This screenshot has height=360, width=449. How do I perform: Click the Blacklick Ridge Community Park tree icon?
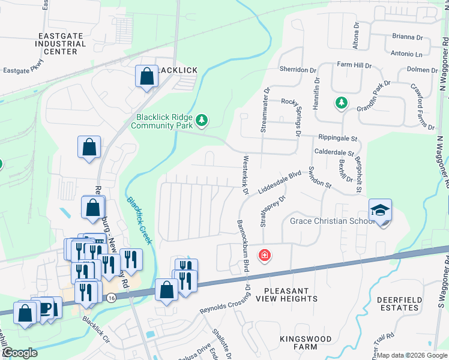point(202,121)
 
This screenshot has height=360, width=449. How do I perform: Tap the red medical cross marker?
point(264,256)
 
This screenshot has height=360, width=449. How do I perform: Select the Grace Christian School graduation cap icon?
point(380,211)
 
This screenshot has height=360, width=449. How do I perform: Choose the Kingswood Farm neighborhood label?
point(297,343)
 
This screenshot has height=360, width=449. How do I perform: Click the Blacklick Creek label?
point(139,220)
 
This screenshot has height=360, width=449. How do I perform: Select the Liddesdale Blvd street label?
point(279,182)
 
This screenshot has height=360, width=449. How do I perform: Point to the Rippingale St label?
point(338,137)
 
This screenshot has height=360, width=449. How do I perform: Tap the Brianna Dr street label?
point(408,37)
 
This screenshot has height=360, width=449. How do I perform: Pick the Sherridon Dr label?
point(298,69)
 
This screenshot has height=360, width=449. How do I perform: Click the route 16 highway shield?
point(110,298)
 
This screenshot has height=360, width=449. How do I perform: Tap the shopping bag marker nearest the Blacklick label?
point(146,76)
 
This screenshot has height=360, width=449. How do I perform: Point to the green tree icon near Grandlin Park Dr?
point(341,103)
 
